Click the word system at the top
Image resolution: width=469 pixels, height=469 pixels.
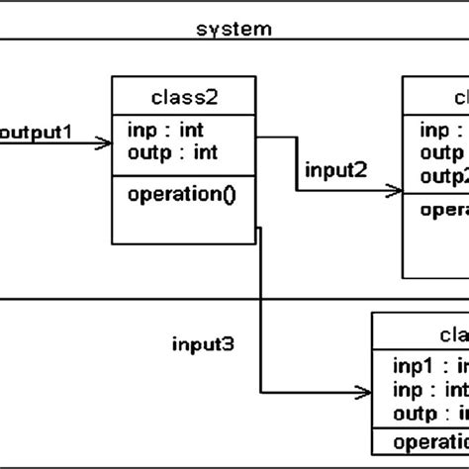[x=234, y=29]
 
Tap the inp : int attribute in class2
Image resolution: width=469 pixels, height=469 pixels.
[x=164, y=131]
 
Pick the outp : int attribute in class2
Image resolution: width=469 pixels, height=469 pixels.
[x=173, y=152]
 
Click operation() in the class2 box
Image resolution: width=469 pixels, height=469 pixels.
[x=182, y=194]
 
